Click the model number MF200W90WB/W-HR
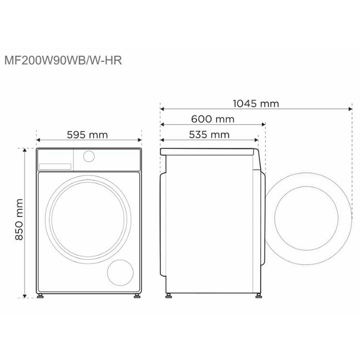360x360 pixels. point(63,60)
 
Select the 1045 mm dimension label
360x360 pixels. point(256,103)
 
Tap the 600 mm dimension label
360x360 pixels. point(213,119)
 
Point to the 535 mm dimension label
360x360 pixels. point(209,135)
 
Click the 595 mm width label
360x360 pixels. point(87,135)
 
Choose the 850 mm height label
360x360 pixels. point(19,220)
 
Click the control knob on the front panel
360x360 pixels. point(89,156)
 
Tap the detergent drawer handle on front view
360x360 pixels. point(55,167)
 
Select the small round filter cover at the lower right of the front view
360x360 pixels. point(120,273)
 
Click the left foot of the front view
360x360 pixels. point(41,296)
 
